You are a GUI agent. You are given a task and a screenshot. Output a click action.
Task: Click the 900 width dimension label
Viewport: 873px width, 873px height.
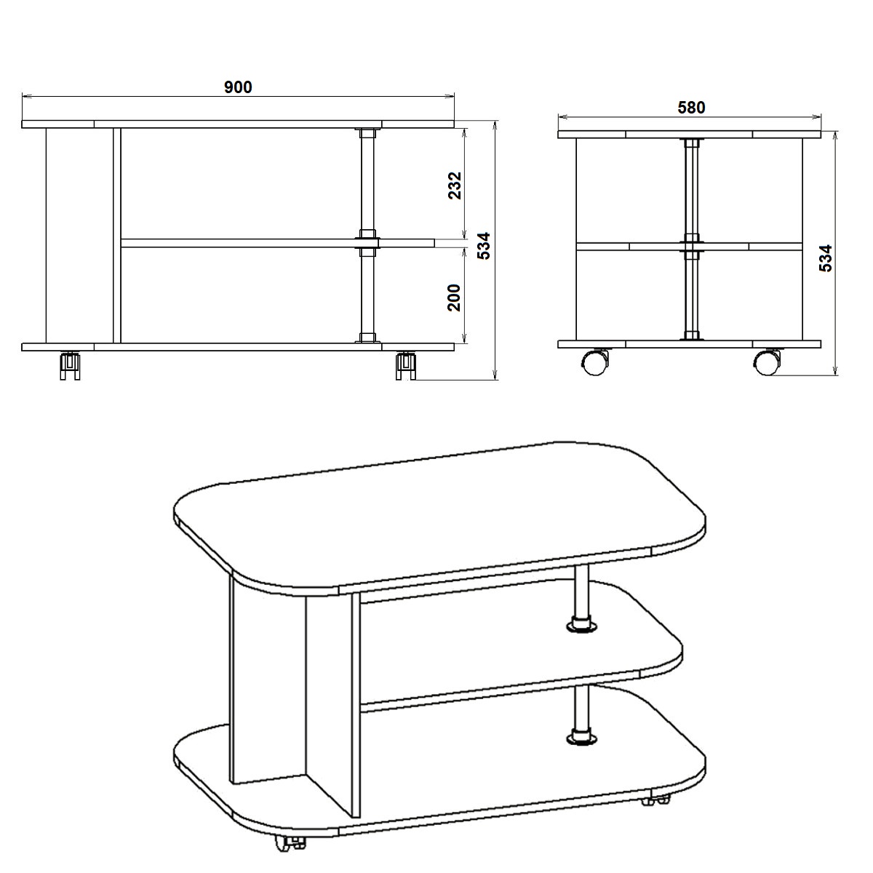pos(238,87)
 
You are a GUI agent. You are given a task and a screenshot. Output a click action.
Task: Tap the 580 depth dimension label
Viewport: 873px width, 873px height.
pos(691,108)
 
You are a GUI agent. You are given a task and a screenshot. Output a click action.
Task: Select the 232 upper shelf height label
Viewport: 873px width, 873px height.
pos(455,186)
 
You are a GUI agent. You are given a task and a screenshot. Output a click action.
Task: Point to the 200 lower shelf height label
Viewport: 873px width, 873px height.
pos(454,298)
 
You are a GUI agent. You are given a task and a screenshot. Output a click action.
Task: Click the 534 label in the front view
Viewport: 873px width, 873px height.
pos(485,246)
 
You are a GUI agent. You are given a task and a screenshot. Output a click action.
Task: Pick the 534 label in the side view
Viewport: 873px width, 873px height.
pos(826,258)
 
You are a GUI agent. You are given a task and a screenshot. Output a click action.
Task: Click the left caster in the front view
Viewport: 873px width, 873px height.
pos(71,365)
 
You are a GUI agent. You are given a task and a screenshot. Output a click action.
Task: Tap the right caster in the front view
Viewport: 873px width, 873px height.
pos(405,365)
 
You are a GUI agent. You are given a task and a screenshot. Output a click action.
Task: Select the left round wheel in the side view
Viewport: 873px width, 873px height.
pos(595,362)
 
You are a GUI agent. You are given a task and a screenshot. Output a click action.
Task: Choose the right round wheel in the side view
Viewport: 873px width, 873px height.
pos(768,362)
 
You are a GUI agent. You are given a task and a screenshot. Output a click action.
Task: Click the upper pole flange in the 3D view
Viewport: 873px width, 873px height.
pos(582,625)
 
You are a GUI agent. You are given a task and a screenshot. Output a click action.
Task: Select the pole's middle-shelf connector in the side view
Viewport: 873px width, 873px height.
pos(691,247)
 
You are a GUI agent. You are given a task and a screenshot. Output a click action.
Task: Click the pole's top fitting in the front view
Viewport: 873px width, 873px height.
pos(368,132)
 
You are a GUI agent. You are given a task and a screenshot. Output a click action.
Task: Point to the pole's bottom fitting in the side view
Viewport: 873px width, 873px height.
pos(691,335)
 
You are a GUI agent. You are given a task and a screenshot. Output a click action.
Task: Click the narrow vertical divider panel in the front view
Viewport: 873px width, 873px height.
pos(117,236)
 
